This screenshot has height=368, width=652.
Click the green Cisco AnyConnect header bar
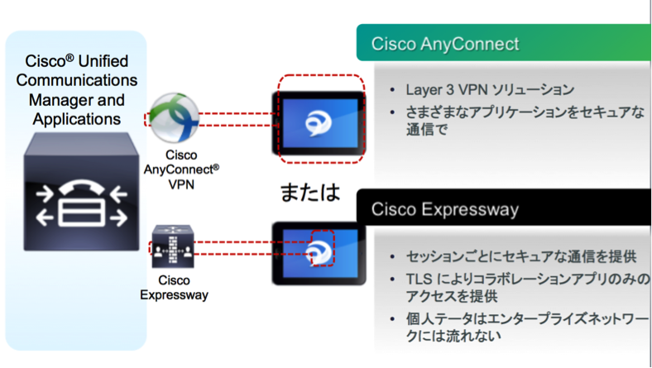[496, 43]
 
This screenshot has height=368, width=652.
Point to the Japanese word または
[308, 192]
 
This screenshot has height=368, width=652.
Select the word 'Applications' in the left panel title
[77, 119]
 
